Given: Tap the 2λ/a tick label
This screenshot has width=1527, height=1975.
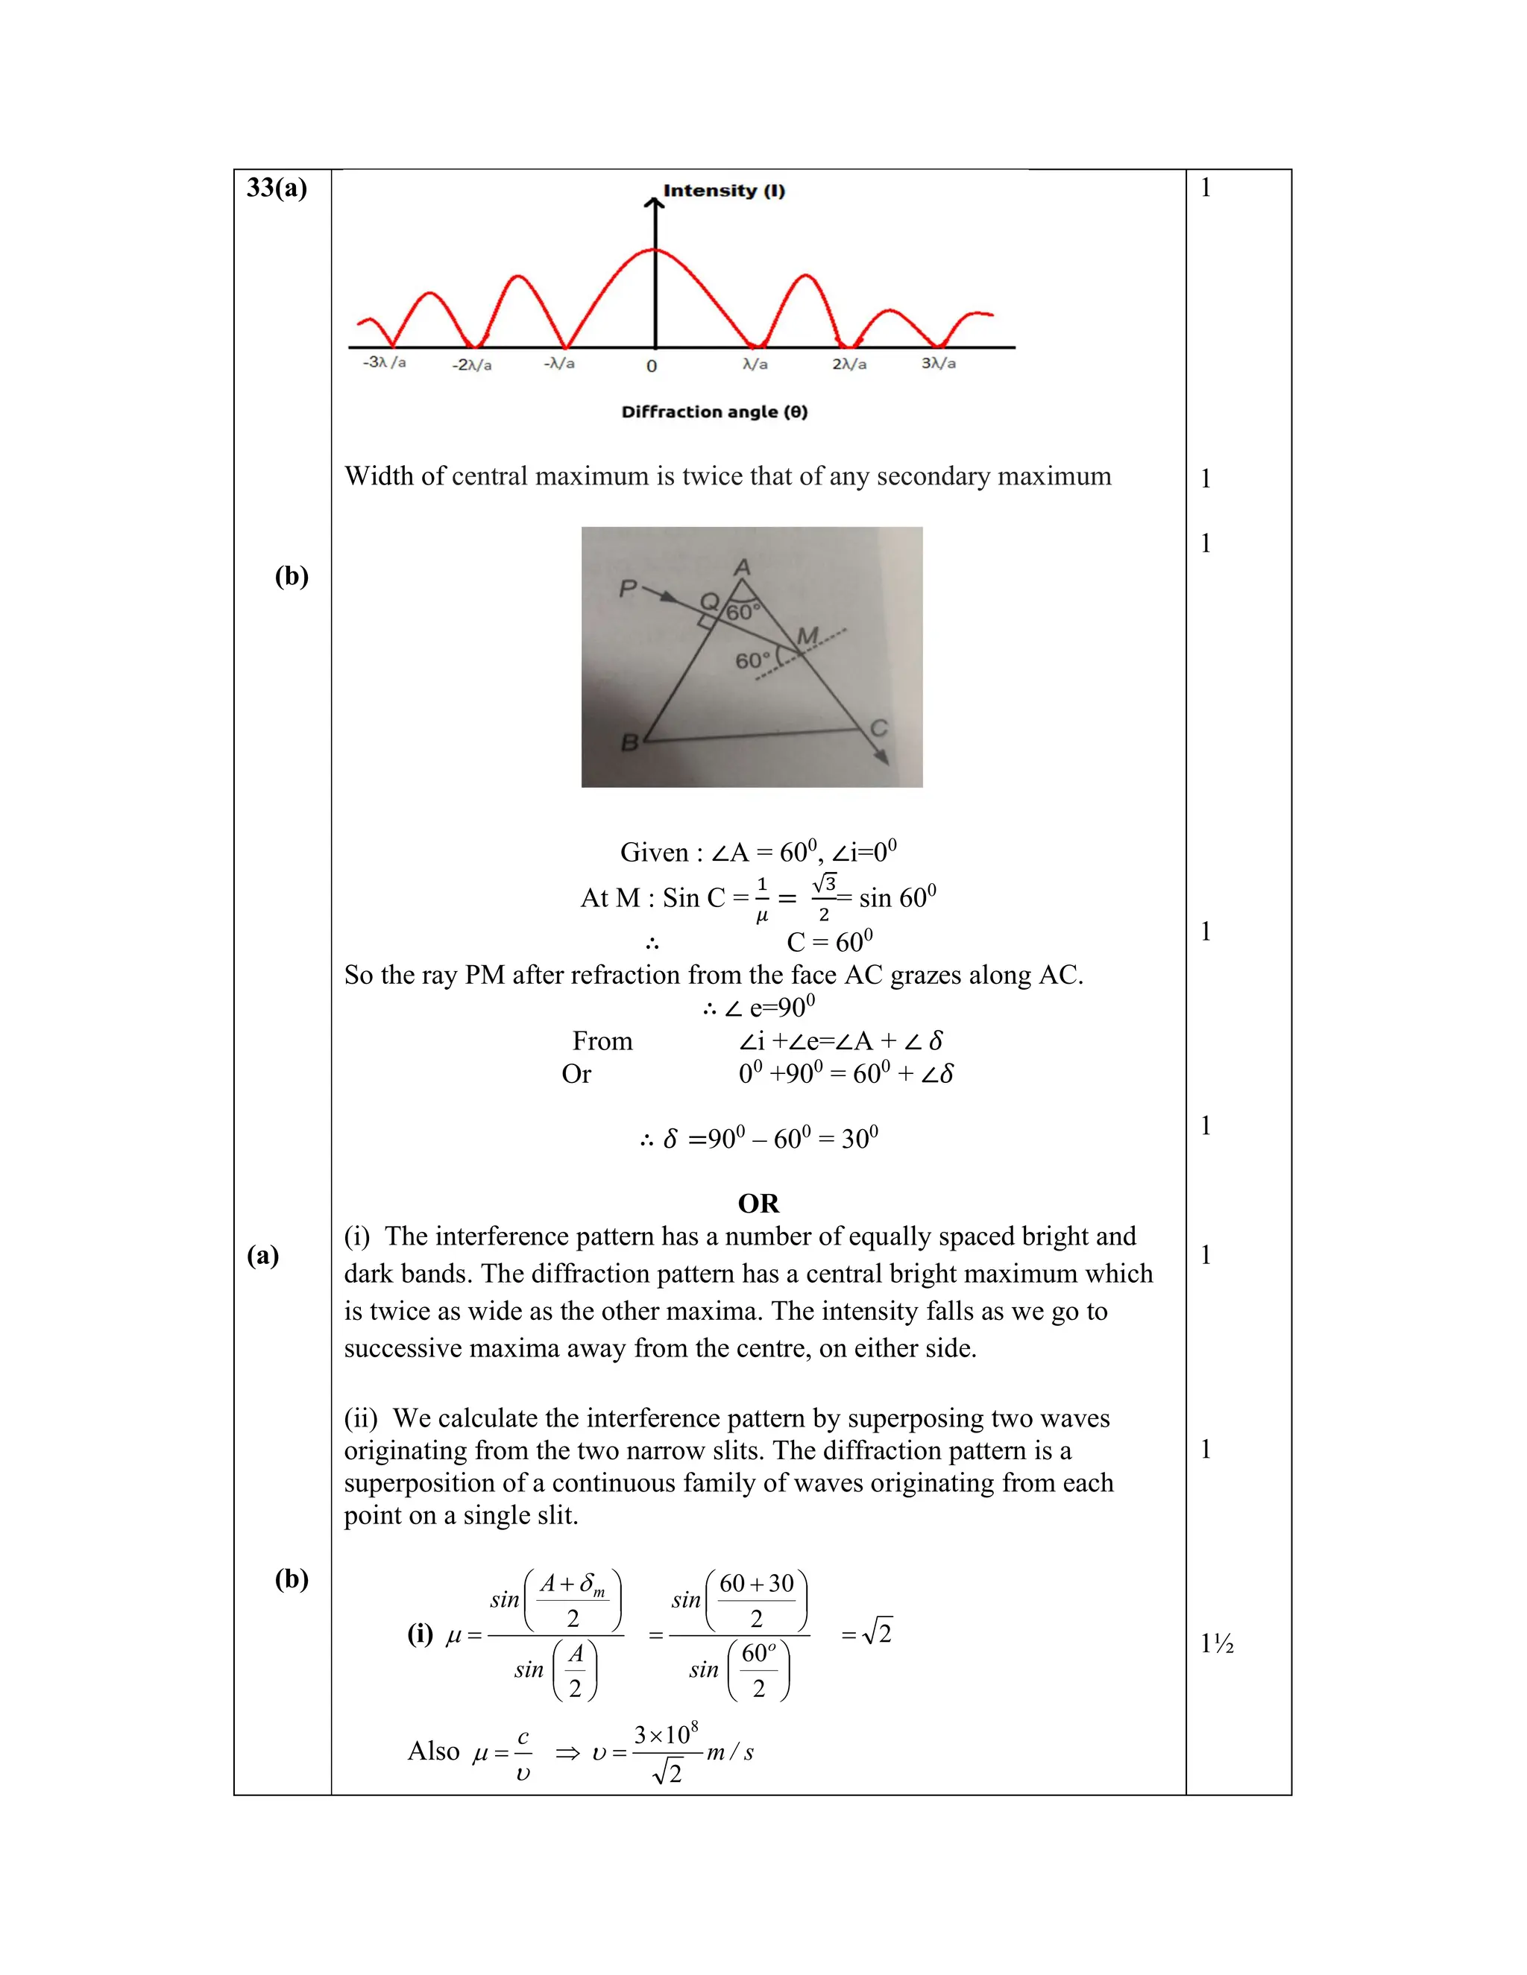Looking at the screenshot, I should coord(848,364).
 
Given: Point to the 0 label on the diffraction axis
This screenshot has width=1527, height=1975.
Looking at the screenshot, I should coord(652,366).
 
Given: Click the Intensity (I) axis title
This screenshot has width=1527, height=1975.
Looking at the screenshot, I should coord(724,191).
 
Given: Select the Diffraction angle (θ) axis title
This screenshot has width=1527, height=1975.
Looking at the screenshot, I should coord(714,411).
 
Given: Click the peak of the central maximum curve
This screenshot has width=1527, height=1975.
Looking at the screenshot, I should coord(655,249).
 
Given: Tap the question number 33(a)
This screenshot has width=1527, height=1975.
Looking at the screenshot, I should coord(277,187).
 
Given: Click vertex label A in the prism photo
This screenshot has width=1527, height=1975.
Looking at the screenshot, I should coord(743,567).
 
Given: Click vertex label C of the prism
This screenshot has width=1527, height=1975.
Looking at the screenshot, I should coord(878,728).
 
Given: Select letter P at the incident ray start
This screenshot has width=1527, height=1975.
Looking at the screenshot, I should coord(628,590).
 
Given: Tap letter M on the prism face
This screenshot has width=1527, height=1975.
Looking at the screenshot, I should coord(807,636).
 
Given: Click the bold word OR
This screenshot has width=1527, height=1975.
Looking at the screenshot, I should coord(758,1204).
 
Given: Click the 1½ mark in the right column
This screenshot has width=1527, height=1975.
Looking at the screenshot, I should coord(1217,1643).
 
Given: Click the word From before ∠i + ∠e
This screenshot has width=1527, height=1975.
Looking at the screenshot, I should coord(602,1041).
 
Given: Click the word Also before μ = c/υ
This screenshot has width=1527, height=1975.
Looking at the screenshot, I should coord(434,1751).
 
